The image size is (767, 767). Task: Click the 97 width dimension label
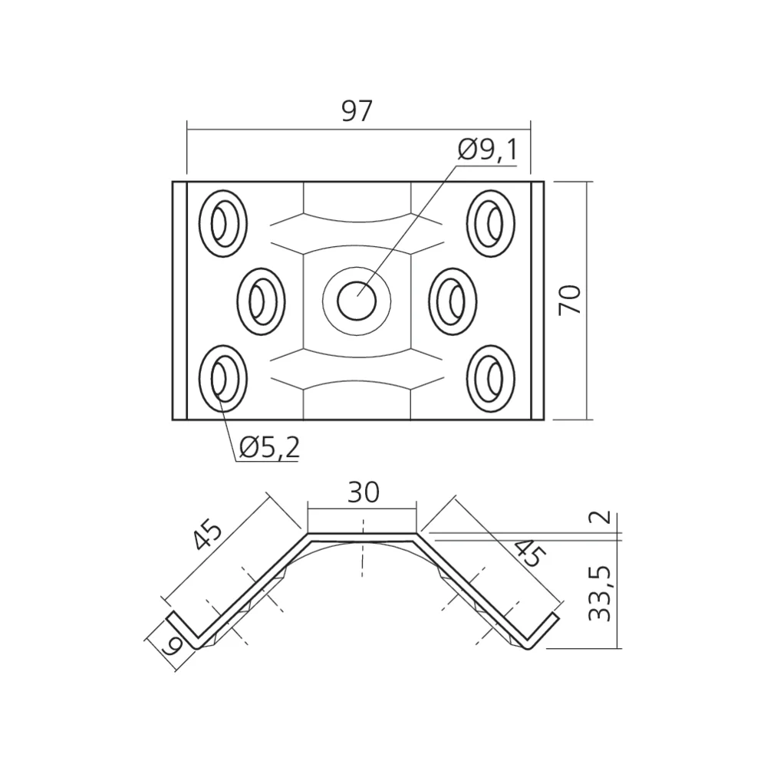(x=357, y=112)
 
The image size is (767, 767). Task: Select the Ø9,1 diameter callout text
(x=488, y=150)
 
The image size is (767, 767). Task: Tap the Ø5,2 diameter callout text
(x=268, y=447)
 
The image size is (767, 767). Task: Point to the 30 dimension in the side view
(x=363, y=492)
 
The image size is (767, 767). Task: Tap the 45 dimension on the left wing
(x=208, y=535)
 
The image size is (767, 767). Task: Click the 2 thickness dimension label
(x=604, y=516)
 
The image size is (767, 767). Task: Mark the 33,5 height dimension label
(x=602, y=594)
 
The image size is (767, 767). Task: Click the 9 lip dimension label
(x=173, y=644)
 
